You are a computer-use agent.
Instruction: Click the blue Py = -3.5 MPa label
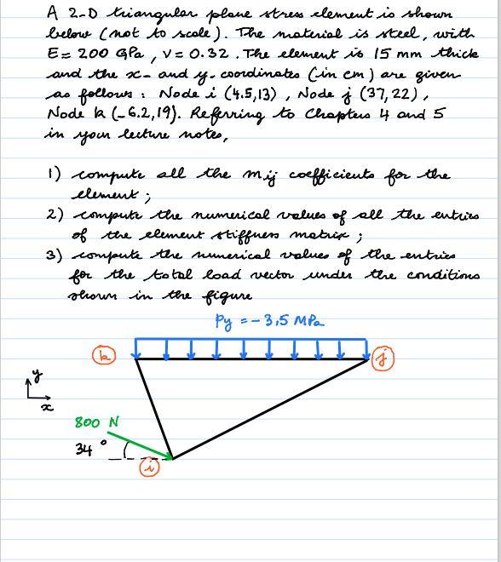(268, 321)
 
